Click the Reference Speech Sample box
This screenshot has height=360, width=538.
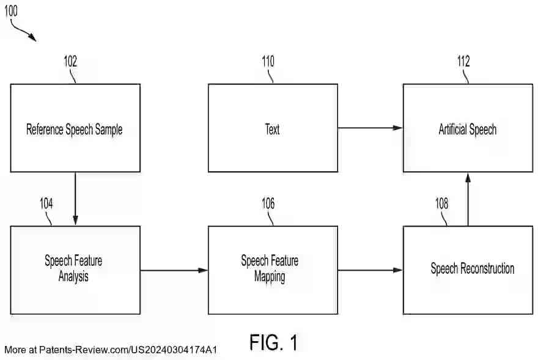tap(75, 128)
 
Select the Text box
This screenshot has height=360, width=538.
tap(273, 128)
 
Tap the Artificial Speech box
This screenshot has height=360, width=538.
tap(468, 128)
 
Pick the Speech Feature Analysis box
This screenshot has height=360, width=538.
tap(75, 270)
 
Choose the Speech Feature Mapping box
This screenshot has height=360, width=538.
tap(273, 270)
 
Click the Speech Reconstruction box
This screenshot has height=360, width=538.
tap(468, 270)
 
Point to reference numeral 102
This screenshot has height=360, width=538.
tap(70, 62)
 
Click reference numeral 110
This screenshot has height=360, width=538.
tap(268, 62)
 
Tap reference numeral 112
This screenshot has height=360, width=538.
tap(463, 62)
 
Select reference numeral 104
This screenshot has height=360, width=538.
tap(46, 204)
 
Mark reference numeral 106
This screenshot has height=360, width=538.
tap(268, 204)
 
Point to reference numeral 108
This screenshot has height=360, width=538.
tap(441, 204)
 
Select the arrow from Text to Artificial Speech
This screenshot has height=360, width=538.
tap(370, 128)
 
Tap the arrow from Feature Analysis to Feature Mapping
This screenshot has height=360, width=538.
tap(174, 270)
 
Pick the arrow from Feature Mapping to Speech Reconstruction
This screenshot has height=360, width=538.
tap(370, 270)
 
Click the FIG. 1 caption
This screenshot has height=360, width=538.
tap(273, 342)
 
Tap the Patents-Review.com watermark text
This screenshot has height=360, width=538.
tap(111, 350)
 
